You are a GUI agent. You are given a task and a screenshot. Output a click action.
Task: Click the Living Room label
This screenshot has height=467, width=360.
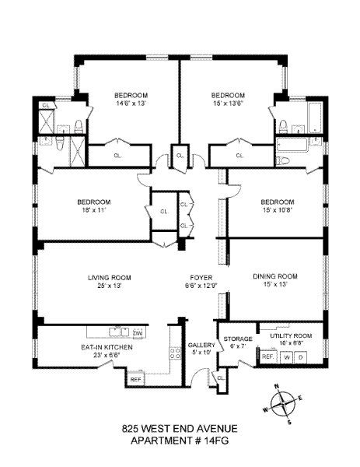tap(109, 278)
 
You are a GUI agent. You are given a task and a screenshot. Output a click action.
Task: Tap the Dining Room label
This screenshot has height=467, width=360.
tap(275, 276)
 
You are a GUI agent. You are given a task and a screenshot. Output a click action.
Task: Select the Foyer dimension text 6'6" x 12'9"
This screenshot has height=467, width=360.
tap(201, 286)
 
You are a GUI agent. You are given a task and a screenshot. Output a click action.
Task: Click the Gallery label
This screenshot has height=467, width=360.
tap(201, 345)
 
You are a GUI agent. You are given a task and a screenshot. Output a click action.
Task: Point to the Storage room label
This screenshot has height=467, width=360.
tap(238, 339)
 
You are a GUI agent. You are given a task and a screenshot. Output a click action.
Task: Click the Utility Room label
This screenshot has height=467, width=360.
tap(291, 336)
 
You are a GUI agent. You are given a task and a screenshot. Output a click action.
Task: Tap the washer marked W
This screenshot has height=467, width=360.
tap(287, 357)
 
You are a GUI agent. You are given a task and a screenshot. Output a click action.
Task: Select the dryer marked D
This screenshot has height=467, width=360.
tap(300, 357)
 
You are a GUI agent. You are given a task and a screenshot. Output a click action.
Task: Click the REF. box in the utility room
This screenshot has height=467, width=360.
tap(269, 356)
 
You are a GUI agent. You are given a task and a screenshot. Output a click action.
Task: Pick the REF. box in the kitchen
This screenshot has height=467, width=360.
tap(135, 380)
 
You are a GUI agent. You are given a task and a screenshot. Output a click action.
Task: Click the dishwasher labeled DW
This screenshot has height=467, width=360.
tap(138, 333)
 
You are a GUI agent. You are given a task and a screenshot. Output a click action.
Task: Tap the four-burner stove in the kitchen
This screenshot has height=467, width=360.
tap(175, 353)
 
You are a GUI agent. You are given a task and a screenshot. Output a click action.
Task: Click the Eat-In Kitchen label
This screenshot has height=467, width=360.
tap(107, 347)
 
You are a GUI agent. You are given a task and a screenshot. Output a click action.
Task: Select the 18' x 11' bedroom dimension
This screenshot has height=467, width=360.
tap(94, 210)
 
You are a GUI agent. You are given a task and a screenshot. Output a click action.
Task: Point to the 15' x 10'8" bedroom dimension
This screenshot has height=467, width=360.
tap(278, 210)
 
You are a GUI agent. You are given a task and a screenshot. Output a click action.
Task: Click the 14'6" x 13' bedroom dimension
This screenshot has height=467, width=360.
tap(131, 104)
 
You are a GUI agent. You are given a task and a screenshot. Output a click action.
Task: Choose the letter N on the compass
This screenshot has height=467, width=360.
tap(276, 387)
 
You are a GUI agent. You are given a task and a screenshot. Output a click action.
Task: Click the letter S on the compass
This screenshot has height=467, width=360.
tap(289, 422)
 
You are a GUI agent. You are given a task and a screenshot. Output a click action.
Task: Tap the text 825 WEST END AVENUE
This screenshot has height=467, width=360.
tap(180, 429)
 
